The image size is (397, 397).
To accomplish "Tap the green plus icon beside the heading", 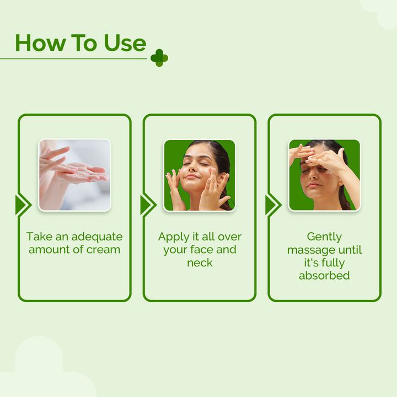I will click(x=159, y=57).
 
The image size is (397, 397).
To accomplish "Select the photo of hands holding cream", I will click(x=74, y=175).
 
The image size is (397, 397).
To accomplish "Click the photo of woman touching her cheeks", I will click(x=200, y=175).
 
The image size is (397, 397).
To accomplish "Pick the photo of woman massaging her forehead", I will click(x=324, y=175).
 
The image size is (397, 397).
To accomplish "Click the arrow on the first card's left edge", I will click(x=23, y=205).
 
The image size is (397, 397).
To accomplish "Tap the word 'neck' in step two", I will click(x=200, y=262).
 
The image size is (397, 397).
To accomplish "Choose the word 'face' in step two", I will click(x=202, y=250).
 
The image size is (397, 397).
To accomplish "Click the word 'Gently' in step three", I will click(x=324, y=237).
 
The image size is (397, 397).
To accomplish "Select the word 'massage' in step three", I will click(x=311, y=250).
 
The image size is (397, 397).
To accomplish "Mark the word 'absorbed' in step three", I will click(x=324, y=275).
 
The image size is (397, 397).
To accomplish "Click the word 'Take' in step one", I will click(x=39, y=237).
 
